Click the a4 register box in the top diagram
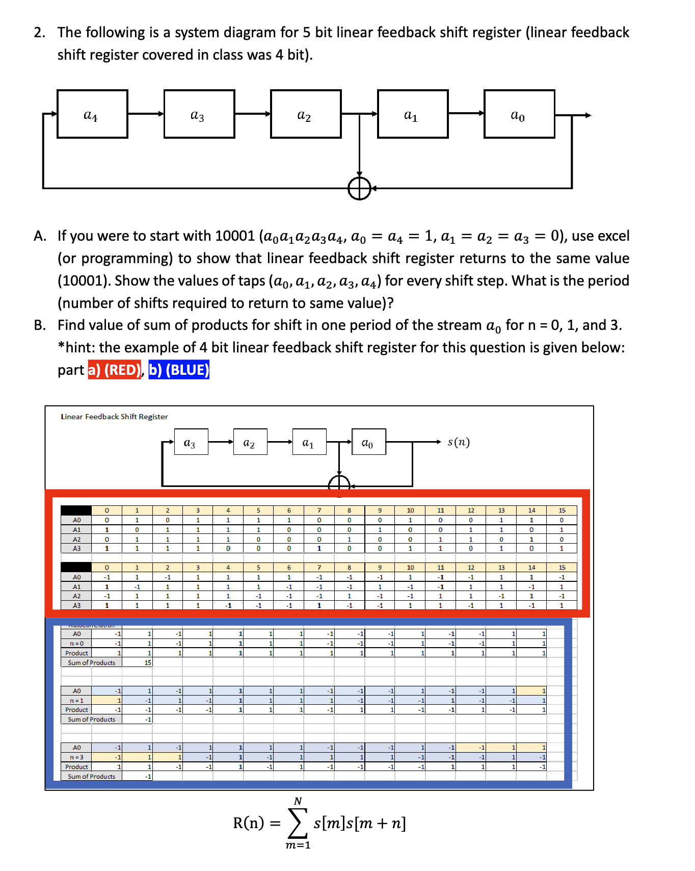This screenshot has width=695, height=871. coord(92,114)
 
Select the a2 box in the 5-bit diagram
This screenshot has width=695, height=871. coord(306,114)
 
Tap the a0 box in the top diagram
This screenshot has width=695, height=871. coord(519,114)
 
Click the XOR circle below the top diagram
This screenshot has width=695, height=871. coord(359,189)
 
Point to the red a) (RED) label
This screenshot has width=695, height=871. coord(115,370)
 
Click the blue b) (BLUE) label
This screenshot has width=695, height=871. coord(179,370)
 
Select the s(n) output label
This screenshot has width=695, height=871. coord(459,442)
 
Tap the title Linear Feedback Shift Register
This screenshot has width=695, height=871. coord(114,417)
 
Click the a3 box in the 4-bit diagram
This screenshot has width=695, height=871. coord(191,442)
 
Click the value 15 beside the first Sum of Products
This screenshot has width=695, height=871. coord(148,663)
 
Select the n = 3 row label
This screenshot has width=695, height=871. coord(76,757)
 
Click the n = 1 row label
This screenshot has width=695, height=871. coord(76,701)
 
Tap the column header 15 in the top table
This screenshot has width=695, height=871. coord(562,510)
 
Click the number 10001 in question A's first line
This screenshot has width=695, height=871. coord(234,236)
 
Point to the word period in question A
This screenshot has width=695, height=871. coord(606,281)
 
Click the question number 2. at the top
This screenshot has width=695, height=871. coord(40,33)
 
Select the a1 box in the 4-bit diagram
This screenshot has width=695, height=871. coord(309,442)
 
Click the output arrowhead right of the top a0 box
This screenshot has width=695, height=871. coord(588,115)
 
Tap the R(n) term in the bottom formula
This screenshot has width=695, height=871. coord(249,823)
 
